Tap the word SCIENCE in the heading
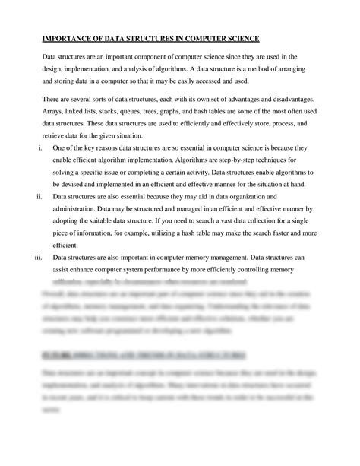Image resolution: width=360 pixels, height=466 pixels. click(x=238, y=39)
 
